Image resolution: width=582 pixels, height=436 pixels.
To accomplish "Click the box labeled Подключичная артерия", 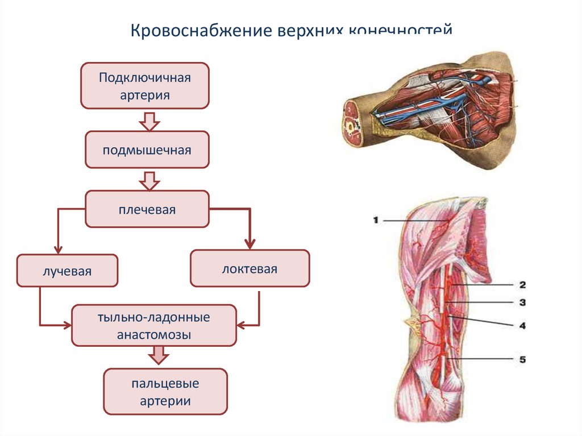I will [x=145, y=85].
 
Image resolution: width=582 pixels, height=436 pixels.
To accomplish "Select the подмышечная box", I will [x=147, y=150].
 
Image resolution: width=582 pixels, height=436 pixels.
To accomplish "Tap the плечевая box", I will [x=147, y=209].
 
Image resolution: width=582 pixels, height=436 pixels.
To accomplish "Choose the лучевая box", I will [x=67, y=271].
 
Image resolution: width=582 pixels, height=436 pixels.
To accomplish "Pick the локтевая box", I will [x=250, y=268].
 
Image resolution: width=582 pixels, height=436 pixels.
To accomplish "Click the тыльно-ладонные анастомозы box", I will [x=153, y=326].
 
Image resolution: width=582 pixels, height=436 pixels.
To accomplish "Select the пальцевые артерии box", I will [x=165, y=392].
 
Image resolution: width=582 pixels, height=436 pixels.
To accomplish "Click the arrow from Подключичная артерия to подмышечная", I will [x=149, y=121].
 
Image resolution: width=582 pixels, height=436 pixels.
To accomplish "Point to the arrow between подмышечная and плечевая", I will [x=149, y=181].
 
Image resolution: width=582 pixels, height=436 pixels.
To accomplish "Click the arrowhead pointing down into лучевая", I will [x=57, y=250].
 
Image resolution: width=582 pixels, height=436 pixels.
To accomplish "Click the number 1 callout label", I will [x=376, y=220].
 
